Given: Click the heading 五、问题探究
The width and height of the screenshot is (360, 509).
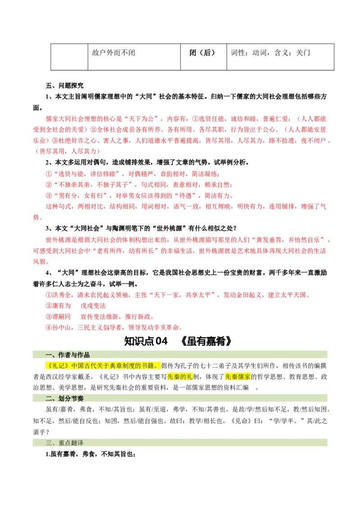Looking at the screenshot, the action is coord(64,86).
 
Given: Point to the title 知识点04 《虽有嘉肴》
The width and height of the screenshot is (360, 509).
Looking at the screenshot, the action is coord(178,341).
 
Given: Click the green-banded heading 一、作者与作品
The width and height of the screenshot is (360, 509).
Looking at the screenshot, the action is coord(67,355).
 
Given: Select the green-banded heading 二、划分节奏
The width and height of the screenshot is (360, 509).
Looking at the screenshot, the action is coord(64,398).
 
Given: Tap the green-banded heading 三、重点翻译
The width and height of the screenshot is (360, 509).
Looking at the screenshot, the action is coord(64,443).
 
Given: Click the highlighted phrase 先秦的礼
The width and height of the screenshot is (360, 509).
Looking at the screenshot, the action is coord(180,376).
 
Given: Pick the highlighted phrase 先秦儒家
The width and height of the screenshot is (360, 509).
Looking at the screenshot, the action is coord(238,376).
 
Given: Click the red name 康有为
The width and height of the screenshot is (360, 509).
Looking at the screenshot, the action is coord(61,306).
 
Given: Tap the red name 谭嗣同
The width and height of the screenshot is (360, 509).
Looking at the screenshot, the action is coord(61,317).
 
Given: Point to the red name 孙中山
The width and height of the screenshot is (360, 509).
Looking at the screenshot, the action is coord(61,327).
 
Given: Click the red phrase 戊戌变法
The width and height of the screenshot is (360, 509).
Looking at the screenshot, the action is coord(93,306).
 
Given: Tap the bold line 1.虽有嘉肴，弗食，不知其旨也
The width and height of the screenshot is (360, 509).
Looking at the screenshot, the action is coord(90,454).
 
